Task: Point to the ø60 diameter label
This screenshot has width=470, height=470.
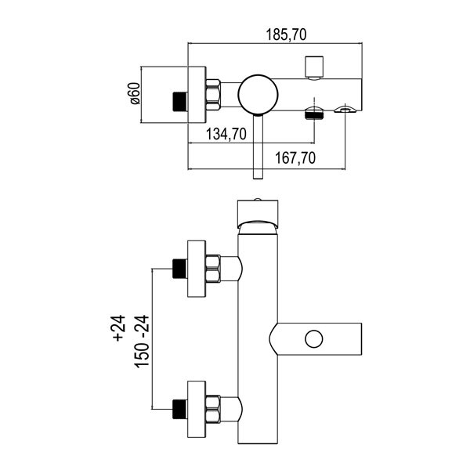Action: [x=133, y=94]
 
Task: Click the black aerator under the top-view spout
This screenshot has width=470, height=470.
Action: [x=314, y=114]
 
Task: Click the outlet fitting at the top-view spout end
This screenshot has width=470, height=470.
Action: [x=345, y=110]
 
